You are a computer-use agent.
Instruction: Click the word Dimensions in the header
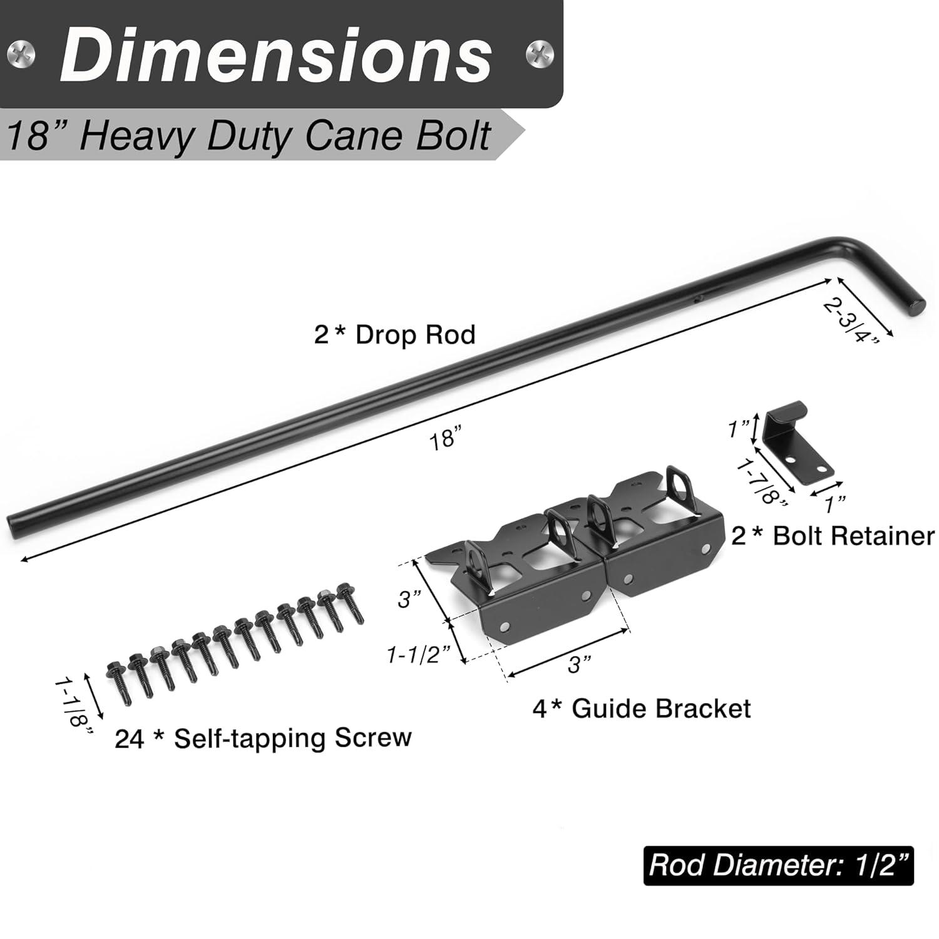pos(275,55)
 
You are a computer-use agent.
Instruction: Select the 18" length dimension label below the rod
pos(442,439)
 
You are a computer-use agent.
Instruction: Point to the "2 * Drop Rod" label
pos(394,335)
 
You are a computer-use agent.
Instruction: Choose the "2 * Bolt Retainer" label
pos(833,536)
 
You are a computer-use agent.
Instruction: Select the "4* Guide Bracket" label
pos(642,709)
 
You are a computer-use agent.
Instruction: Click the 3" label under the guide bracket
pos(574,665)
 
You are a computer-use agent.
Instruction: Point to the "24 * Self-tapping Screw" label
pos(263,738)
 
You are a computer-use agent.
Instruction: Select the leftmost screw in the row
pos(118,679)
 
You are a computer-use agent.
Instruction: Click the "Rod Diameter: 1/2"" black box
pos(778,865)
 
